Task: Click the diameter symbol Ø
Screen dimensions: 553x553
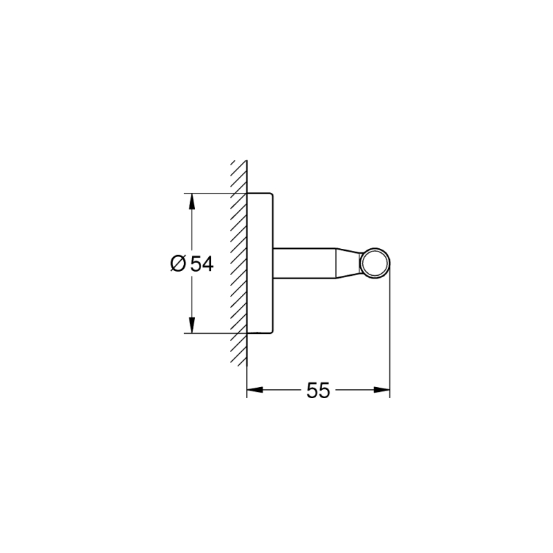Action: coord(178,263)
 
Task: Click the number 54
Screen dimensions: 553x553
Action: coord(202,263)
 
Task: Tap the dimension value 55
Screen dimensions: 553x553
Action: coord(318,390)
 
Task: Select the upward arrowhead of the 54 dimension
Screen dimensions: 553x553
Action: coord(191,202)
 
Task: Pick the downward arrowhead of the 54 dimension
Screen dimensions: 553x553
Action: coord(191,324)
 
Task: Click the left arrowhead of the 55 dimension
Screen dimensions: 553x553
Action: coord(255,390)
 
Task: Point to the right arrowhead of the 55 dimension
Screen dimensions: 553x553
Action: coord(382,390)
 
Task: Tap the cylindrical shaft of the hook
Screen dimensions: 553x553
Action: coord(304,263)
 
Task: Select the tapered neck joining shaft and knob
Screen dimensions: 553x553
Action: coord(348,263)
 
